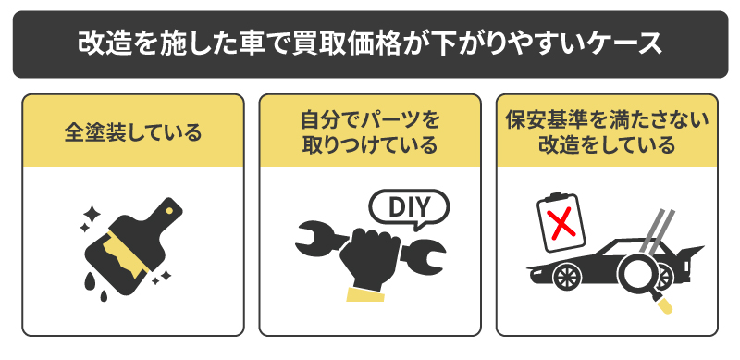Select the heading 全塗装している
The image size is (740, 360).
tap(133, 131)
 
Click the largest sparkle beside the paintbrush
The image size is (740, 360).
tap(91, 218)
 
